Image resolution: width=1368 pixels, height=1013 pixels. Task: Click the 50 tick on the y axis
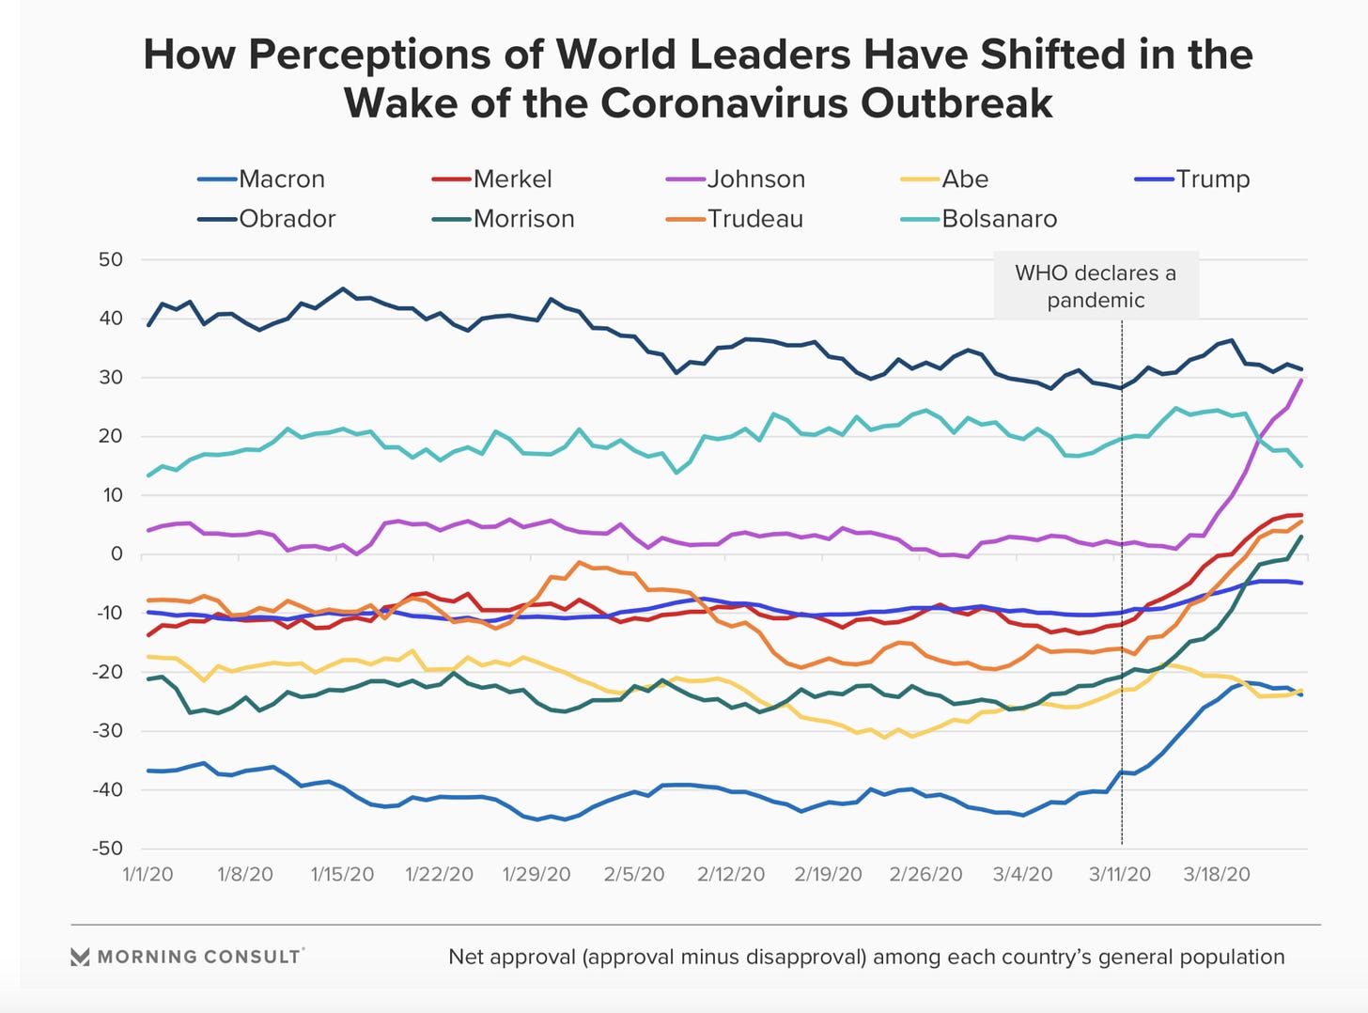tap(111, 259)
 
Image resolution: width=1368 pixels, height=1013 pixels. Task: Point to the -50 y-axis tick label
tap(107, 848)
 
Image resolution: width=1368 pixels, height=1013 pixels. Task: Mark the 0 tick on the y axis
tap(117, 553)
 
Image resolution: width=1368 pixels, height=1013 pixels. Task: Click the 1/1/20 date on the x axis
tap(148, 874)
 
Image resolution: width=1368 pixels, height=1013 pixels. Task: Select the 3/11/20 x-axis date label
tap(1120, 874)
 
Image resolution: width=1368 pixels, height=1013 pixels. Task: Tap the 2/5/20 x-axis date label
tap(633, 874)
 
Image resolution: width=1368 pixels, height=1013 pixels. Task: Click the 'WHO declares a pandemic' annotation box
tap(1096, 287)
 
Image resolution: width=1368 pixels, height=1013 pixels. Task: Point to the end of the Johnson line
tap(1301, 379)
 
